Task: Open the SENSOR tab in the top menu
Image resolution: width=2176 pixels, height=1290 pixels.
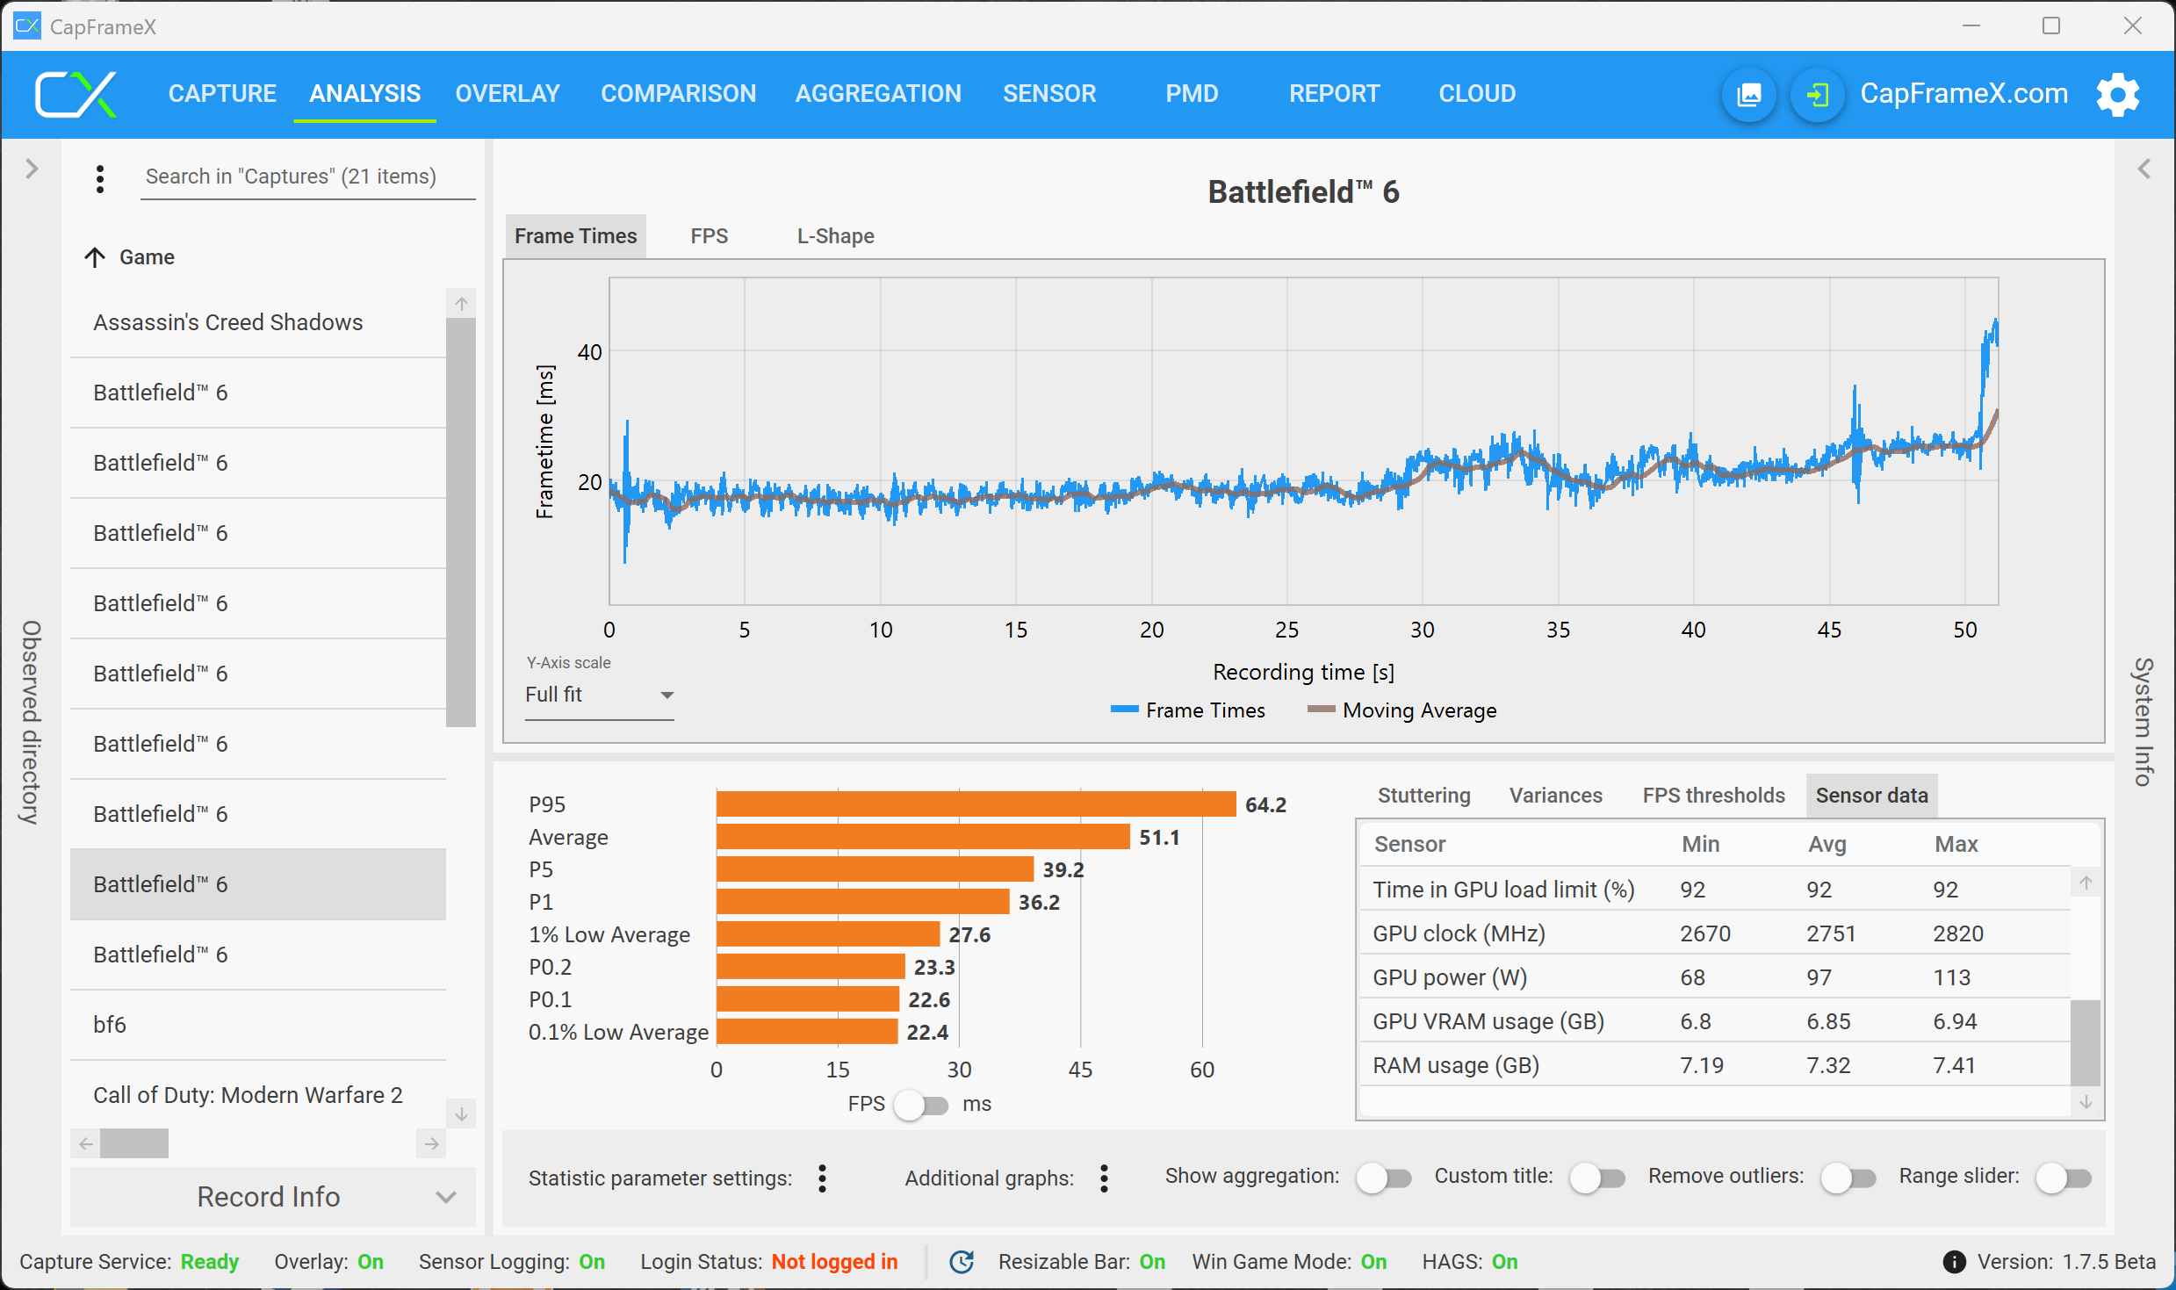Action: click(1049, 93)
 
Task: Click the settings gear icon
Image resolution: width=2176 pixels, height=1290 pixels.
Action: click(2117, 94)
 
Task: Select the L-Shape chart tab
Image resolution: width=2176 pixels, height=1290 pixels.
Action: click(835, 236)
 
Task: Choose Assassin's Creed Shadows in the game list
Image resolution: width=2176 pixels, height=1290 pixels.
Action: click(228, 322)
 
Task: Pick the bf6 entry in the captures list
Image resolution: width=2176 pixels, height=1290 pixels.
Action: click(110, 1025)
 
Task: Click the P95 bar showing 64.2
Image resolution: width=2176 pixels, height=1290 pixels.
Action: click(976, 804)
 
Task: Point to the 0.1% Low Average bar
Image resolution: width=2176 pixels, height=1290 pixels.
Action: click(807, 1032)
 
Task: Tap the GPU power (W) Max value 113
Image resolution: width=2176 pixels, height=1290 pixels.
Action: click(1951, 977)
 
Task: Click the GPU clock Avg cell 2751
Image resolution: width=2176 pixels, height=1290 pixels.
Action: click(1831, 933)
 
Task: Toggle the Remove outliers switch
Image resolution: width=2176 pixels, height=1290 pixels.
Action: click(1848, 1178)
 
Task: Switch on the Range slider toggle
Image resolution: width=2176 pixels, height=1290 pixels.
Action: click(2064, 1178)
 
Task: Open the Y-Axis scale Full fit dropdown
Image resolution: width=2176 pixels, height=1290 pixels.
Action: click(599, 695)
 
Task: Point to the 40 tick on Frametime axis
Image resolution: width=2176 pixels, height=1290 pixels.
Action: click(589, 352)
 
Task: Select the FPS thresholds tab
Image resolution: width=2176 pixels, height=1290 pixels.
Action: click(1713, 796)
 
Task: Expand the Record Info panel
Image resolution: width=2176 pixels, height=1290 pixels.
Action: click(272, 1197)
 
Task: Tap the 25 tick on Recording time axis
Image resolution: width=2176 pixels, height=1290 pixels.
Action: click(1286, 630)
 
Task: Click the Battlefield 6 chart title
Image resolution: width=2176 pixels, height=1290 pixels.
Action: click(1303, 192)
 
